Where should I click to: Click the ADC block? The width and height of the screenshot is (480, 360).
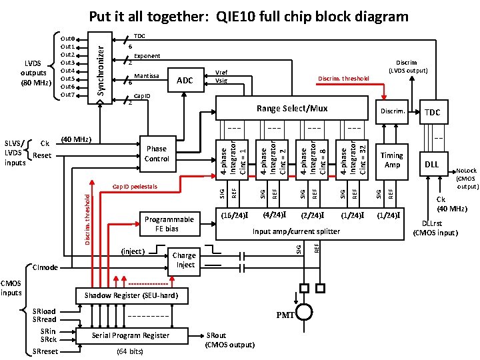coord(185,81)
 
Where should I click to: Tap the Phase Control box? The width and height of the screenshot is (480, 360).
coord(157,154)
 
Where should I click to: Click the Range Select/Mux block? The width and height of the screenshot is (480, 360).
coord(292,108)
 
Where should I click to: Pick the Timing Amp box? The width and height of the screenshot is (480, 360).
coord(391,159)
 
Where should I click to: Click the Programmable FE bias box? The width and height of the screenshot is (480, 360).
coord(169,224)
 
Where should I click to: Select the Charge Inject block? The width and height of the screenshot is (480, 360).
coord(185,260)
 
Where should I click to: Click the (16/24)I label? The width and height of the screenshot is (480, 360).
coord(234,215)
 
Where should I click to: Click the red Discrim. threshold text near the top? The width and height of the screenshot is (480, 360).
coord(343,79)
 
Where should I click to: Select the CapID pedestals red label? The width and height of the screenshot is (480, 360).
coord(135,186)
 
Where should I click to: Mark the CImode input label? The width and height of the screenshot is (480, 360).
coord(45,267)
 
